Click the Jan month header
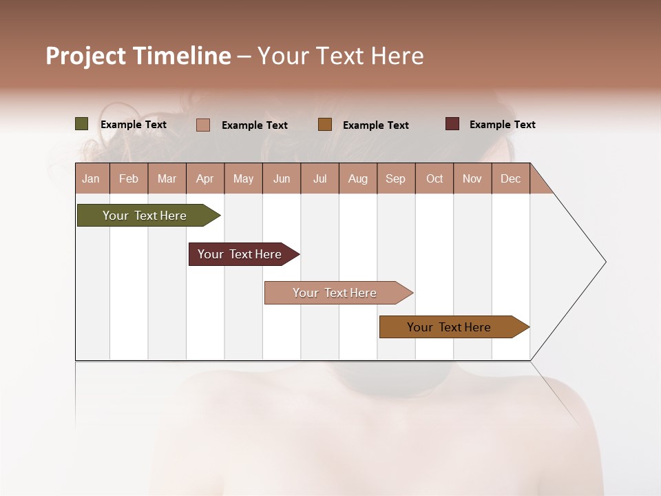(x=91, y=178)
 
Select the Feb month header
(x=129, y=178)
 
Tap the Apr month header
(x=204, y=178)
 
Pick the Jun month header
(x=282, y=178)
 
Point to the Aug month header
(x=357, y=178)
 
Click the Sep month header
(x=395, y=178)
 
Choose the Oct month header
(x=434, y=178)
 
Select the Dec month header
(x=510, y=178)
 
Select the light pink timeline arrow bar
(x=335, y=293)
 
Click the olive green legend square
(x=81, y=124)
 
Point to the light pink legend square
(x=202, y=125)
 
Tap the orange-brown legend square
(x=325, y=125)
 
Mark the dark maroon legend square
(x=452, y=124)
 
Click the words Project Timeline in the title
(x=138, y=56)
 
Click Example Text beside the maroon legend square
(x=502, y=125)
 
